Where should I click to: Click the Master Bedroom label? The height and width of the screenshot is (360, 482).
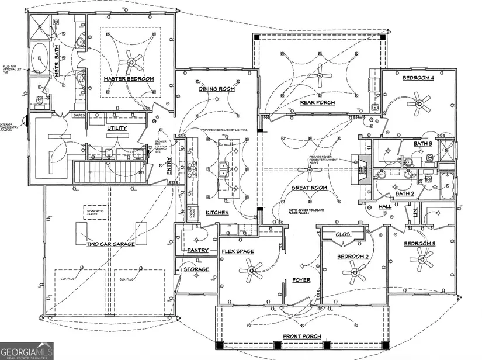point(129,79)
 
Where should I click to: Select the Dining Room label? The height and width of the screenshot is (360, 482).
point(217,89)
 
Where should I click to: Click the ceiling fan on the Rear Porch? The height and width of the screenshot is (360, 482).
point(320,75)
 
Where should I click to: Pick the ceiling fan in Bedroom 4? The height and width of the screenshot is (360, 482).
point(419,105)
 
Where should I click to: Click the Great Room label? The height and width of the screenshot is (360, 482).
point(308,188)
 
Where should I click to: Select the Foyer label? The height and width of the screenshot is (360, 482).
point(301,281)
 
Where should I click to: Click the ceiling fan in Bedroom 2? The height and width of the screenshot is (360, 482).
point(354,270)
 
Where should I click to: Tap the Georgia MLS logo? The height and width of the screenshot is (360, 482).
point(26,350)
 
